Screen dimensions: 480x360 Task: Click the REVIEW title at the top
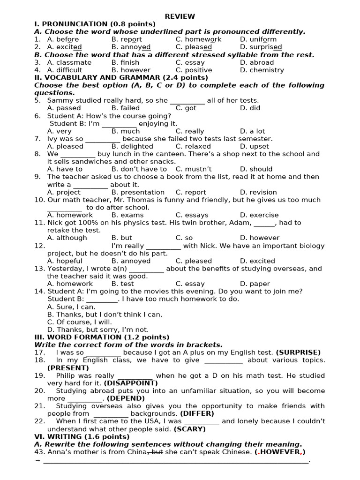coord(180,16)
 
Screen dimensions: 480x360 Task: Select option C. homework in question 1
coord(198,39)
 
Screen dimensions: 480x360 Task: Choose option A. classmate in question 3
coord(69,62)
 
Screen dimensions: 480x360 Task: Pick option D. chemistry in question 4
coord(262,70)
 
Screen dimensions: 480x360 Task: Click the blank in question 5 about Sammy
coord(187,101)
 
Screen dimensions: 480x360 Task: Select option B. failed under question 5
coord(125,108)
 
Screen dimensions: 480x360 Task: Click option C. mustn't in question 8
coord(194,169)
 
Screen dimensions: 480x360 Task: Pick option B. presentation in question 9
coord(138,192)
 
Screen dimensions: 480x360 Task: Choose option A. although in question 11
coord(67,238)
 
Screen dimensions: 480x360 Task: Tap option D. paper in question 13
coord(255,284)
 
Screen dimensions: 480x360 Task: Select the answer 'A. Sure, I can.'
coord(71,307)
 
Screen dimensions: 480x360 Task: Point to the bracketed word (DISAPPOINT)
coord(131,383)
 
